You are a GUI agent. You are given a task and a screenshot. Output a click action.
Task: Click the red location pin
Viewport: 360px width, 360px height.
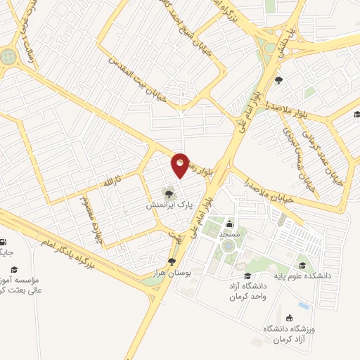[x=181, y=165]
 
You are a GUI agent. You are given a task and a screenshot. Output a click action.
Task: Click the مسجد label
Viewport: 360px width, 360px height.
[x=230, y=232]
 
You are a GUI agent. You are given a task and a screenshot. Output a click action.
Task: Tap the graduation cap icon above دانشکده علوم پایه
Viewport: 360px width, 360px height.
[x=303, y=265]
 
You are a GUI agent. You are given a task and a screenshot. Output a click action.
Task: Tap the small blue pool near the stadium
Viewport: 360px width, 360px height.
[x=303, y=306]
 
